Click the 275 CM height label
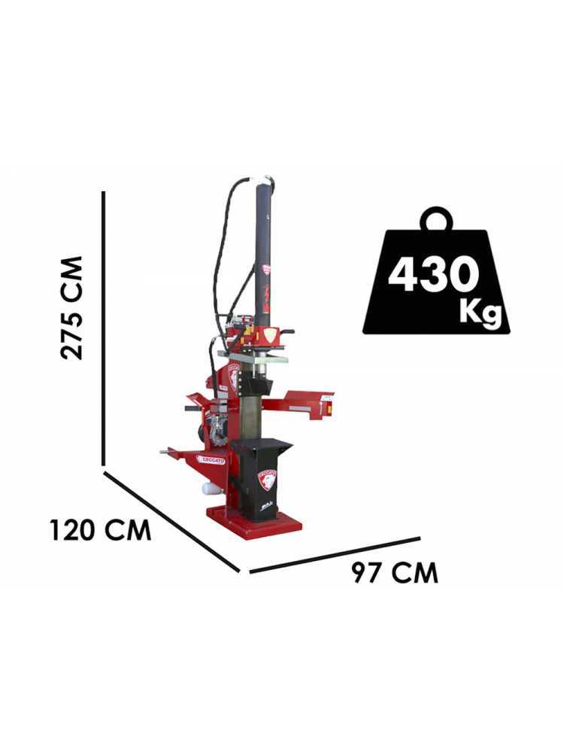72,308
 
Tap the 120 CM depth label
100,531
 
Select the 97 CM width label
395,572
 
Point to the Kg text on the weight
480,312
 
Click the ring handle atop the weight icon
436,218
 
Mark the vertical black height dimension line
103,328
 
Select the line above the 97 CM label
335,555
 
